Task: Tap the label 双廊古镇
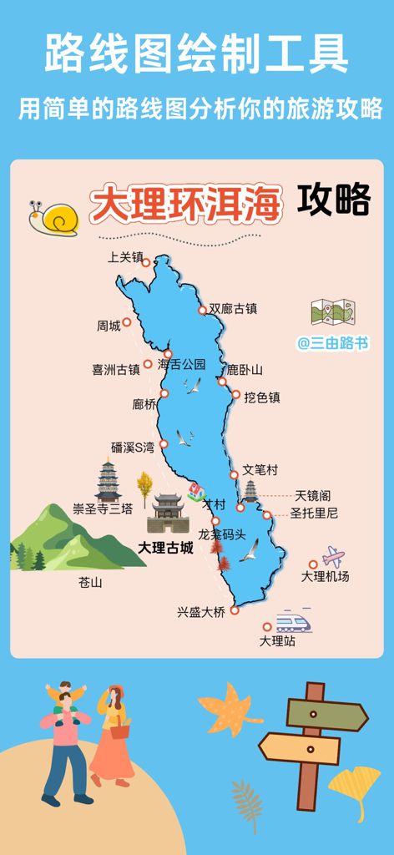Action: (233, 309)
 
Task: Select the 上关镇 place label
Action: (125, 257)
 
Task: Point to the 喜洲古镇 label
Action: (115, 369)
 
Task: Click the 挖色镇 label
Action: (262, 397)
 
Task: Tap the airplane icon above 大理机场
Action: (333, 556)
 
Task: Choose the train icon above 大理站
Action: (293, 622)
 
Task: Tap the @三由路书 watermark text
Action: (333, 343)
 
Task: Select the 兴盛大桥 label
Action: (200, 612)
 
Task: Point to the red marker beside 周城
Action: (127, 321)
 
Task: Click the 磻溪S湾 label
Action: (133, 448)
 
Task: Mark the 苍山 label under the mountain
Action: (90, 582)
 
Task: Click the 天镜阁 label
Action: (313, 496)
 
